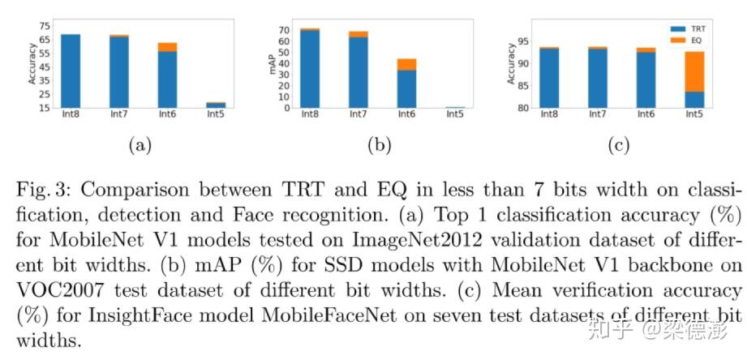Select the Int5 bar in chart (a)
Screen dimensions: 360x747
tap(216, 105)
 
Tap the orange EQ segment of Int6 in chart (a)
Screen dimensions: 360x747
tap(168, 47)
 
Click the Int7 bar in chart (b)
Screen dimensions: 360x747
tap(358, 73)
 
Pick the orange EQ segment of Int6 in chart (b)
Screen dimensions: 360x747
tap(406, 64)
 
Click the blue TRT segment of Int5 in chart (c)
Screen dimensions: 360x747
tap(693, 100)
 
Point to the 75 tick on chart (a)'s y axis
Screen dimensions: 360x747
tap(45, 26)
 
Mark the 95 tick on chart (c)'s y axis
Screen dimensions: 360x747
tap(522, 41)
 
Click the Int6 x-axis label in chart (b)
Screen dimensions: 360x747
tap(406, 114)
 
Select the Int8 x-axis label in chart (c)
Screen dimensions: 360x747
tap(549, 114)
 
